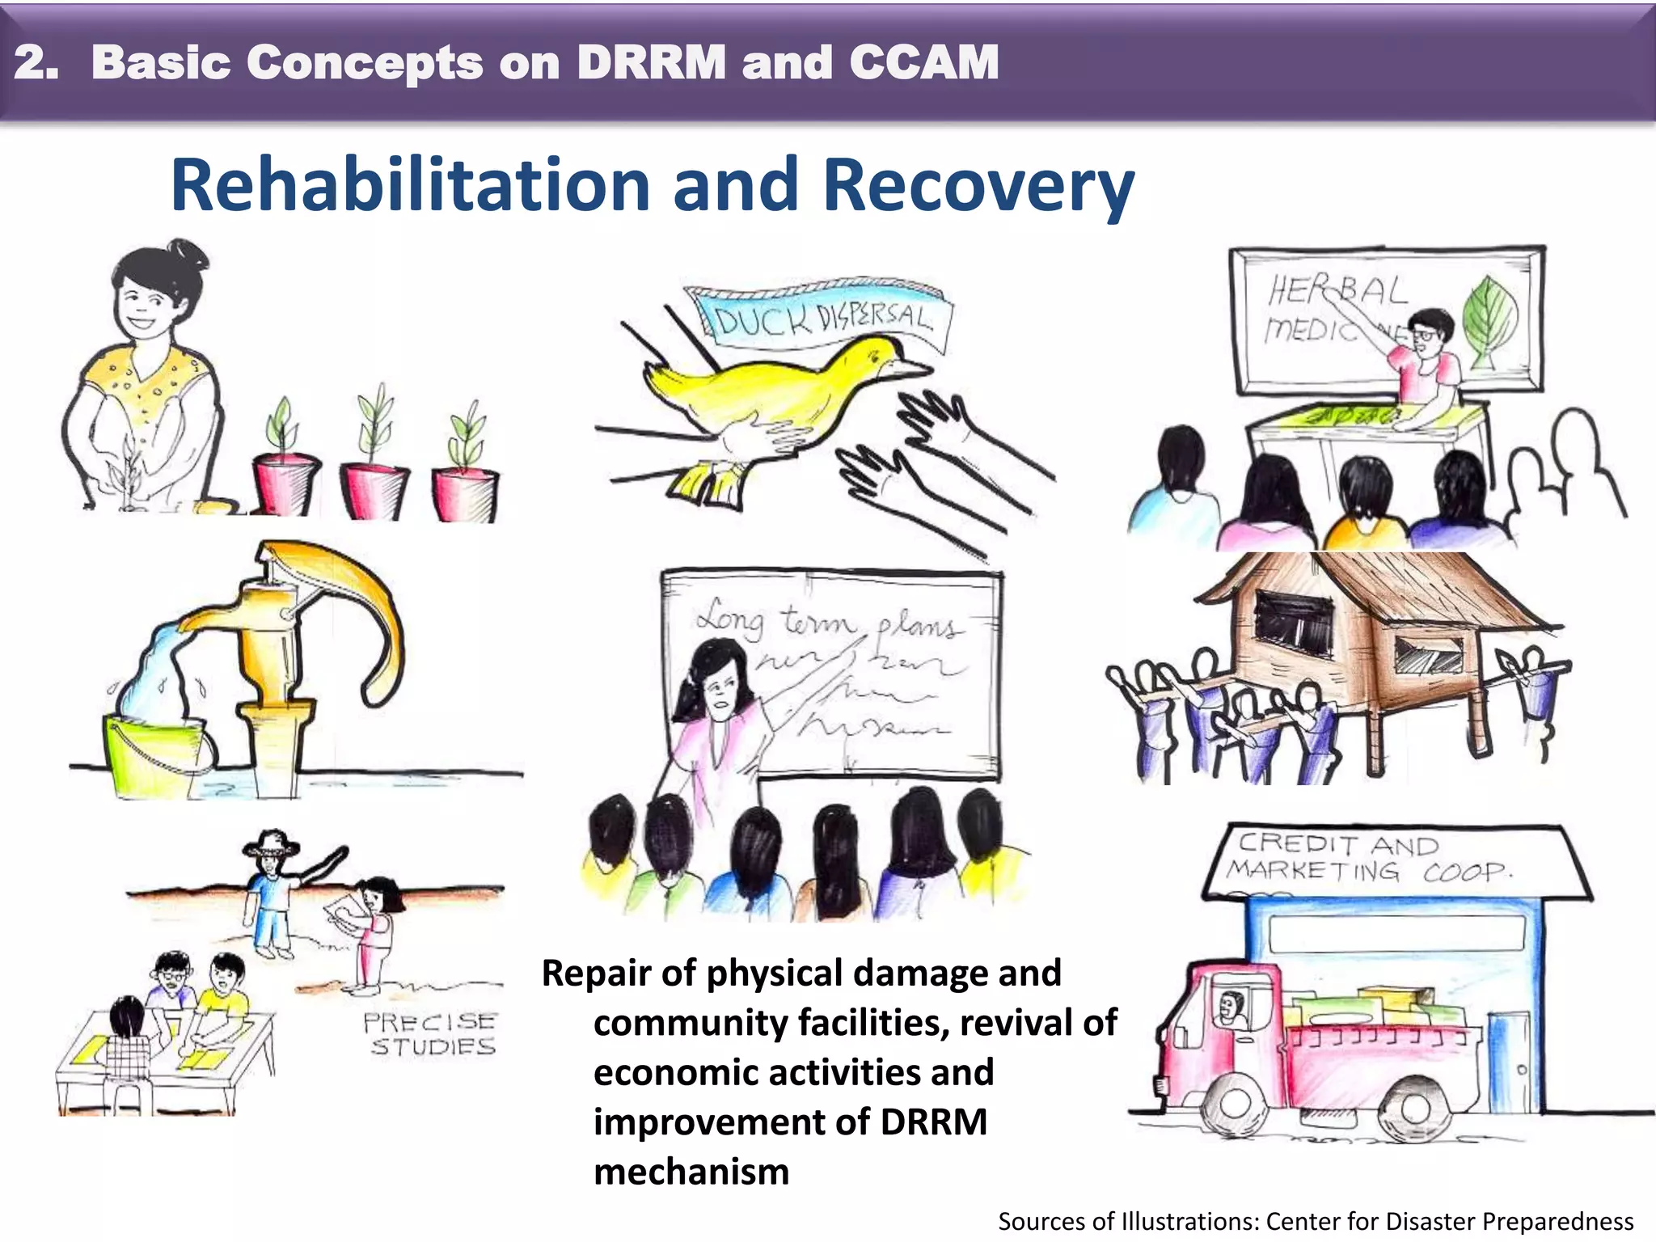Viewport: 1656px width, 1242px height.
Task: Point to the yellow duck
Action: click(x=776, y=388)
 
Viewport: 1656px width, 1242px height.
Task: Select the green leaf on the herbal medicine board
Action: click(x=1490, y=319)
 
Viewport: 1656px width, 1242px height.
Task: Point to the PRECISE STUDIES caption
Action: click(x=429, y=1034)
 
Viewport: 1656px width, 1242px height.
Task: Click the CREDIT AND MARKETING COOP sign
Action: click(x=1375, y=859)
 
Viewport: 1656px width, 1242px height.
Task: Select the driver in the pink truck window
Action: click(x=1231, y=1010)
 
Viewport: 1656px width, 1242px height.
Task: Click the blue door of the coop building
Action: click(x=1508, y=1059)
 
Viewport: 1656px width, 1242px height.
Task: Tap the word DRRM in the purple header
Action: click(x=652, y=62)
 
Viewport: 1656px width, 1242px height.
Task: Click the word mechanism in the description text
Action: click(x=691, y=1172)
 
